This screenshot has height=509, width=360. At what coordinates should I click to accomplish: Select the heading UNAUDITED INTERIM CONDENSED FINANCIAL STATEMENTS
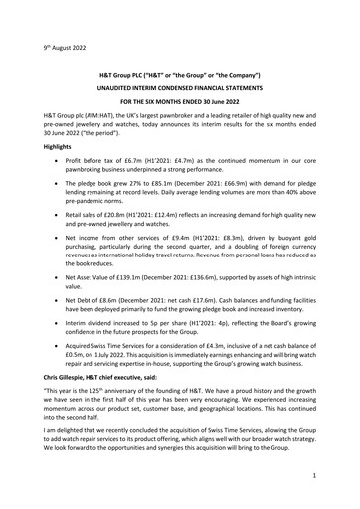[x=179, y=90]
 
